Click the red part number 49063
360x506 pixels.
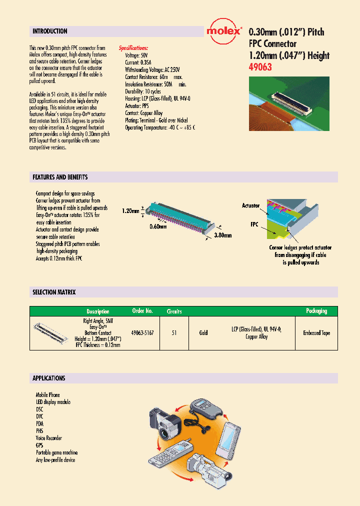[260, 67]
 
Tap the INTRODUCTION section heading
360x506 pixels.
[49, 31]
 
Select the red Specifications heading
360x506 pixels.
[133, 48]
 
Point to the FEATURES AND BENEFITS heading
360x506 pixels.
[60, 177]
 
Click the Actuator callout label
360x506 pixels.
[250, 205]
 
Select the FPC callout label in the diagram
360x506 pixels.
[254, 224]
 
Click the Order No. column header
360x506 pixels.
[142, 311]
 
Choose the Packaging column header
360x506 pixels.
[316, 311]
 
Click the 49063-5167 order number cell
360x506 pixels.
[142, 332]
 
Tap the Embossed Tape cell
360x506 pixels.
[316, 332]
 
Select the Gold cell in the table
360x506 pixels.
[203, 332]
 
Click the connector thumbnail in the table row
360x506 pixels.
[51, 332]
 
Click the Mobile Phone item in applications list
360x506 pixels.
[47, 395]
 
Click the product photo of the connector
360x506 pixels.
[289, 103]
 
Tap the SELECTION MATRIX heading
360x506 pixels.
[53, 292]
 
